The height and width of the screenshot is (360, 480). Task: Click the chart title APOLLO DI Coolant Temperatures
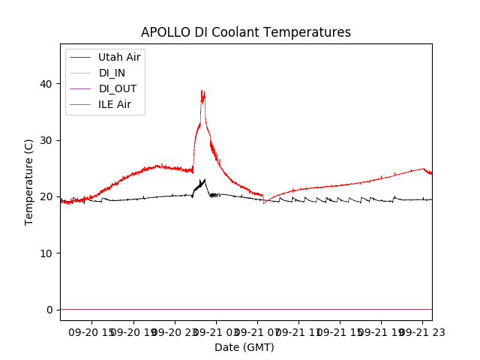[x=246, y=32]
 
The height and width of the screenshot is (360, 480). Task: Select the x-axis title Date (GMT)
[x=244, y=347]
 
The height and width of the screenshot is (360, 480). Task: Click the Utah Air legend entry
[x=119, y=57]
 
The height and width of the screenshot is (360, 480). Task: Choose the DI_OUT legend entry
[x=118, y=88]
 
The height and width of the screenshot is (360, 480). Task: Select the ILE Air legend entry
[x=115, y=104]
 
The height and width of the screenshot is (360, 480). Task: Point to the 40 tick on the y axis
[x=46, y=84]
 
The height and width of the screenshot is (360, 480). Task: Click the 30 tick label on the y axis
[x=46, y=140]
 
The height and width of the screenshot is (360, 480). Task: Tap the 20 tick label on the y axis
[x=46, y=196]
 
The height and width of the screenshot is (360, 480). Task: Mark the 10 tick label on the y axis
[x=46, y=253]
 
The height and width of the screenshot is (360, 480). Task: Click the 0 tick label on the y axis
[x=49, y=310]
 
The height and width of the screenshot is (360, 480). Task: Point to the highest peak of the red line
[x=202, y=91]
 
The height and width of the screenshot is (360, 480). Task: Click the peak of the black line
[x=205, y=179]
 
